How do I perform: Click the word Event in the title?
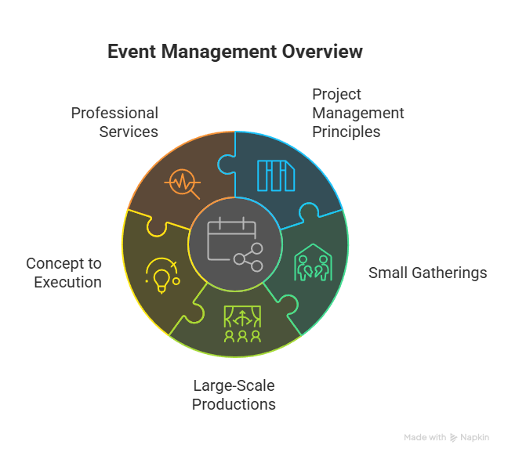pyautogui.click(x=132, y=52)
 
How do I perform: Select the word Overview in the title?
pyautogui.click(x=322, y=52)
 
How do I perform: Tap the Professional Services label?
pyautogui.click(x=114, y=122)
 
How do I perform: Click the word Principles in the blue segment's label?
pyautogui.click(x=346, y=132)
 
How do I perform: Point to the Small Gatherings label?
pyautogui.click(x=428, y=273)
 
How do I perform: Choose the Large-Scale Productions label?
pyautogui.click(x=234, y=395)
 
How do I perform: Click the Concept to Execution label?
pyautogui.click(x=64, y=273)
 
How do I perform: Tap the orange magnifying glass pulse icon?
pyautogui.click(x=183, y=183)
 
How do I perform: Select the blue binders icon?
pyautogui.click(x=276, y=175)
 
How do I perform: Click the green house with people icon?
pyautogui.click(x=314, y=262)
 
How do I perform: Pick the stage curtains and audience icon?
pyautogui.click(x=242, y=323)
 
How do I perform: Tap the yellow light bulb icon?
pyautogui.click(x=162, y=276)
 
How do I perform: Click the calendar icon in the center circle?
pyautogui.click(x=231, y=238)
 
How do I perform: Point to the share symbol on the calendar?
pyautogui.click(x=249, y=258)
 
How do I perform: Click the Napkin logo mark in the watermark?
pyautogui.click(x=454, y=438)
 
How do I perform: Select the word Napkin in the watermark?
pyautogui.click(x=474, y=438)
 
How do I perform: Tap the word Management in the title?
pyautogui.click(x=219, y=52)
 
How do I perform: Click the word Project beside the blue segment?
pyautogui.click(x=336, y=95)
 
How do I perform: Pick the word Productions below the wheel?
pyautogui.click(x=234, y=404)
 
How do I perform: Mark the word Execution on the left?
pyautogui.click(x=67, y=282)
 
